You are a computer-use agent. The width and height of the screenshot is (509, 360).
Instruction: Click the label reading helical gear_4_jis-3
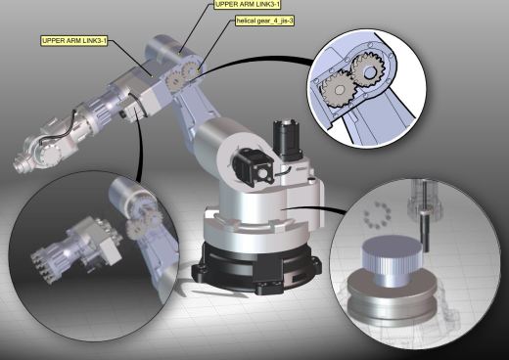click(267, 21)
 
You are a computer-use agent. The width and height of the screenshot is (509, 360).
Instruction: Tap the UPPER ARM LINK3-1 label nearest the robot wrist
click(74, 41)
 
